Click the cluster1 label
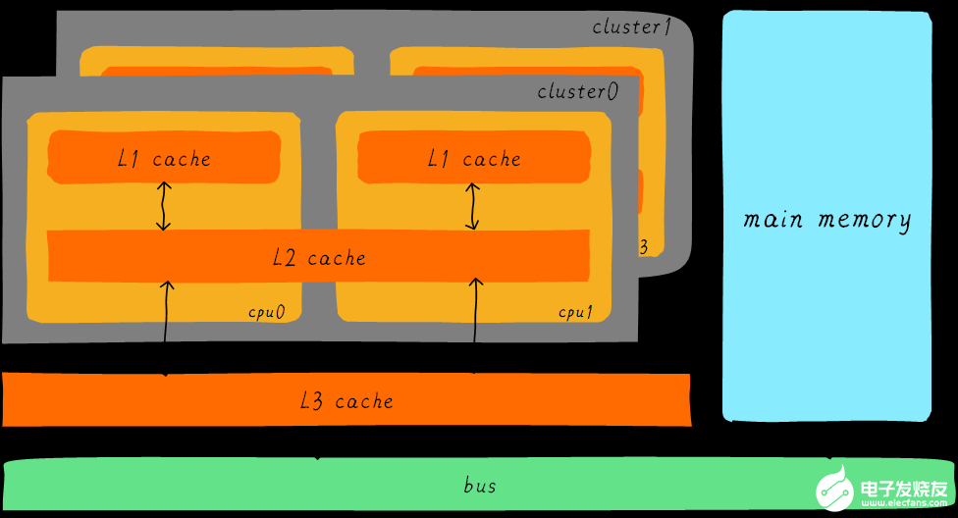point(631,26)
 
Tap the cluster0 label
point(577,91)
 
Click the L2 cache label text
point(319,258)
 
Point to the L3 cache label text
point(346,401)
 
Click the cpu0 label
point(266,313)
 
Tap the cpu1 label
point(576,313)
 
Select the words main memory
point(826,219)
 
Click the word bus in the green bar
point(480,486)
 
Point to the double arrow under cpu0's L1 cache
point(164,206)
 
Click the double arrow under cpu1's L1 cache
point(475,206)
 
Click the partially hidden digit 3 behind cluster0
point(643,247)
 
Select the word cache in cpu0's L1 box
point(182,158)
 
